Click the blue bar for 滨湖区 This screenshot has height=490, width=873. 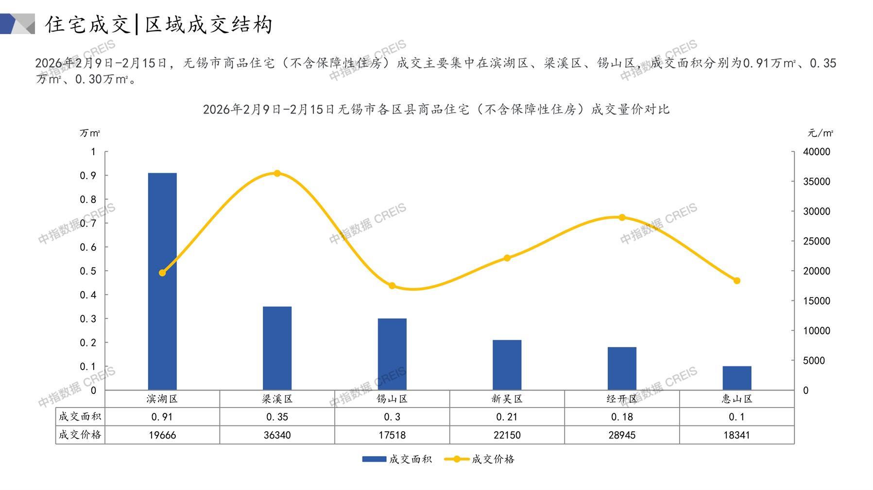(x=162, y=281)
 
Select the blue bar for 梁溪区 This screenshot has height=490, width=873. (x=277, y=348)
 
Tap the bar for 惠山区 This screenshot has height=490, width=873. (x=736, y=378)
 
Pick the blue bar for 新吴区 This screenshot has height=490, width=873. (x=507, y=365)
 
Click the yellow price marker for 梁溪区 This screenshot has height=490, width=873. (x=277, y=173)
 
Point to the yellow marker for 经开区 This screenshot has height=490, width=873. (x=622, y=217)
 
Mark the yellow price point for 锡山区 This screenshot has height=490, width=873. (x=392, y=286)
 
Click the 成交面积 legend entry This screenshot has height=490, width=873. (x=397, y=459)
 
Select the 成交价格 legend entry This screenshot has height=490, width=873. (x=479, y=459)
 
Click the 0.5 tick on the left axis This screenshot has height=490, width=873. (x=88, y=271)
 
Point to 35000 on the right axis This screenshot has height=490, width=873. (x=817, y=181)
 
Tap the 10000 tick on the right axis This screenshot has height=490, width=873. (x=817, y=330)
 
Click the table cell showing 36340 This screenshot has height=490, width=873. (x=277, y=435)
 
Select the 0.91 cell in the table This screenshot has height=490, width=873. (x=162, y=417)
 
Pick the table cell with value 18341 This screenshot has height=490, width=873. (x=736, y=435)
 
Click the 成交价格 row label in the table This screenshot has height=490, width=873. (x=80, y=435)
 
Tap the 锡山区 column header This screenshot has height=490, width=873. (x=392, y=399)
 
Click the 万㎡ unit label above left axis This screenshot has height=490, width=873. (x=90, y=133)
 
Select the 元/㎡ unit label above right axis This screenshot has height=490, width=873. (x=821, y=133)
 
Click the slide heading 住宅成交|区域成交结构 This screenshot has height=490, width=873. (x=159, y=24)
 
